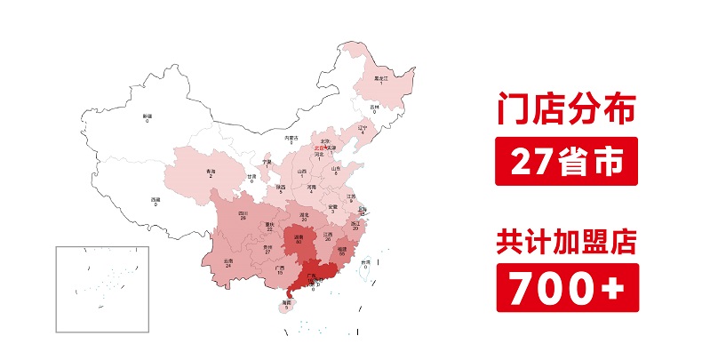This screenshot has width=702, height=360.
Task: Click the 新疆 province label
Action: (x=148, y=116)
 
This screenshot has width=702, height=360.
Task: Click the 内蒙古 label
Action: (x=290, y=138)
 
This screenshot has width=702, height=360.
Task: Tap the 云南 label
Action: (x=228, y=260)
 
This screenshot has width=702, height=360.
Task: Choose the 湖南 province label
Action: (x=299, y=236)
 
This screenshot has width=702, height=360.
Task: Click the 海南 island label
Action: (x=286, y=303)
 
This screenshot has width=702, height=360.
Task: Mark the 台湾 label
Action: (x=365, y=261)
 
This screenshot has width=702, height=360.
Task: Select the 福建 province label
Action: (x=342, y=251)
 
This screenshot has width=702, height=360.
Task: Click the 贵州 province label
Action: (x=267, y=248)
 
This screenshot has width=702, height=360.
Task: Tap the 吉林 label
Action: (x=374, y=107)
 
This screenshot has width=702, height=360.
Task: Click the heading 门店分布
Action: (x=566, y=113)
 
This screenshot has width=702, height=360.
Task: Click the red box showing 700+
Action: (x=566, y=289)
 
